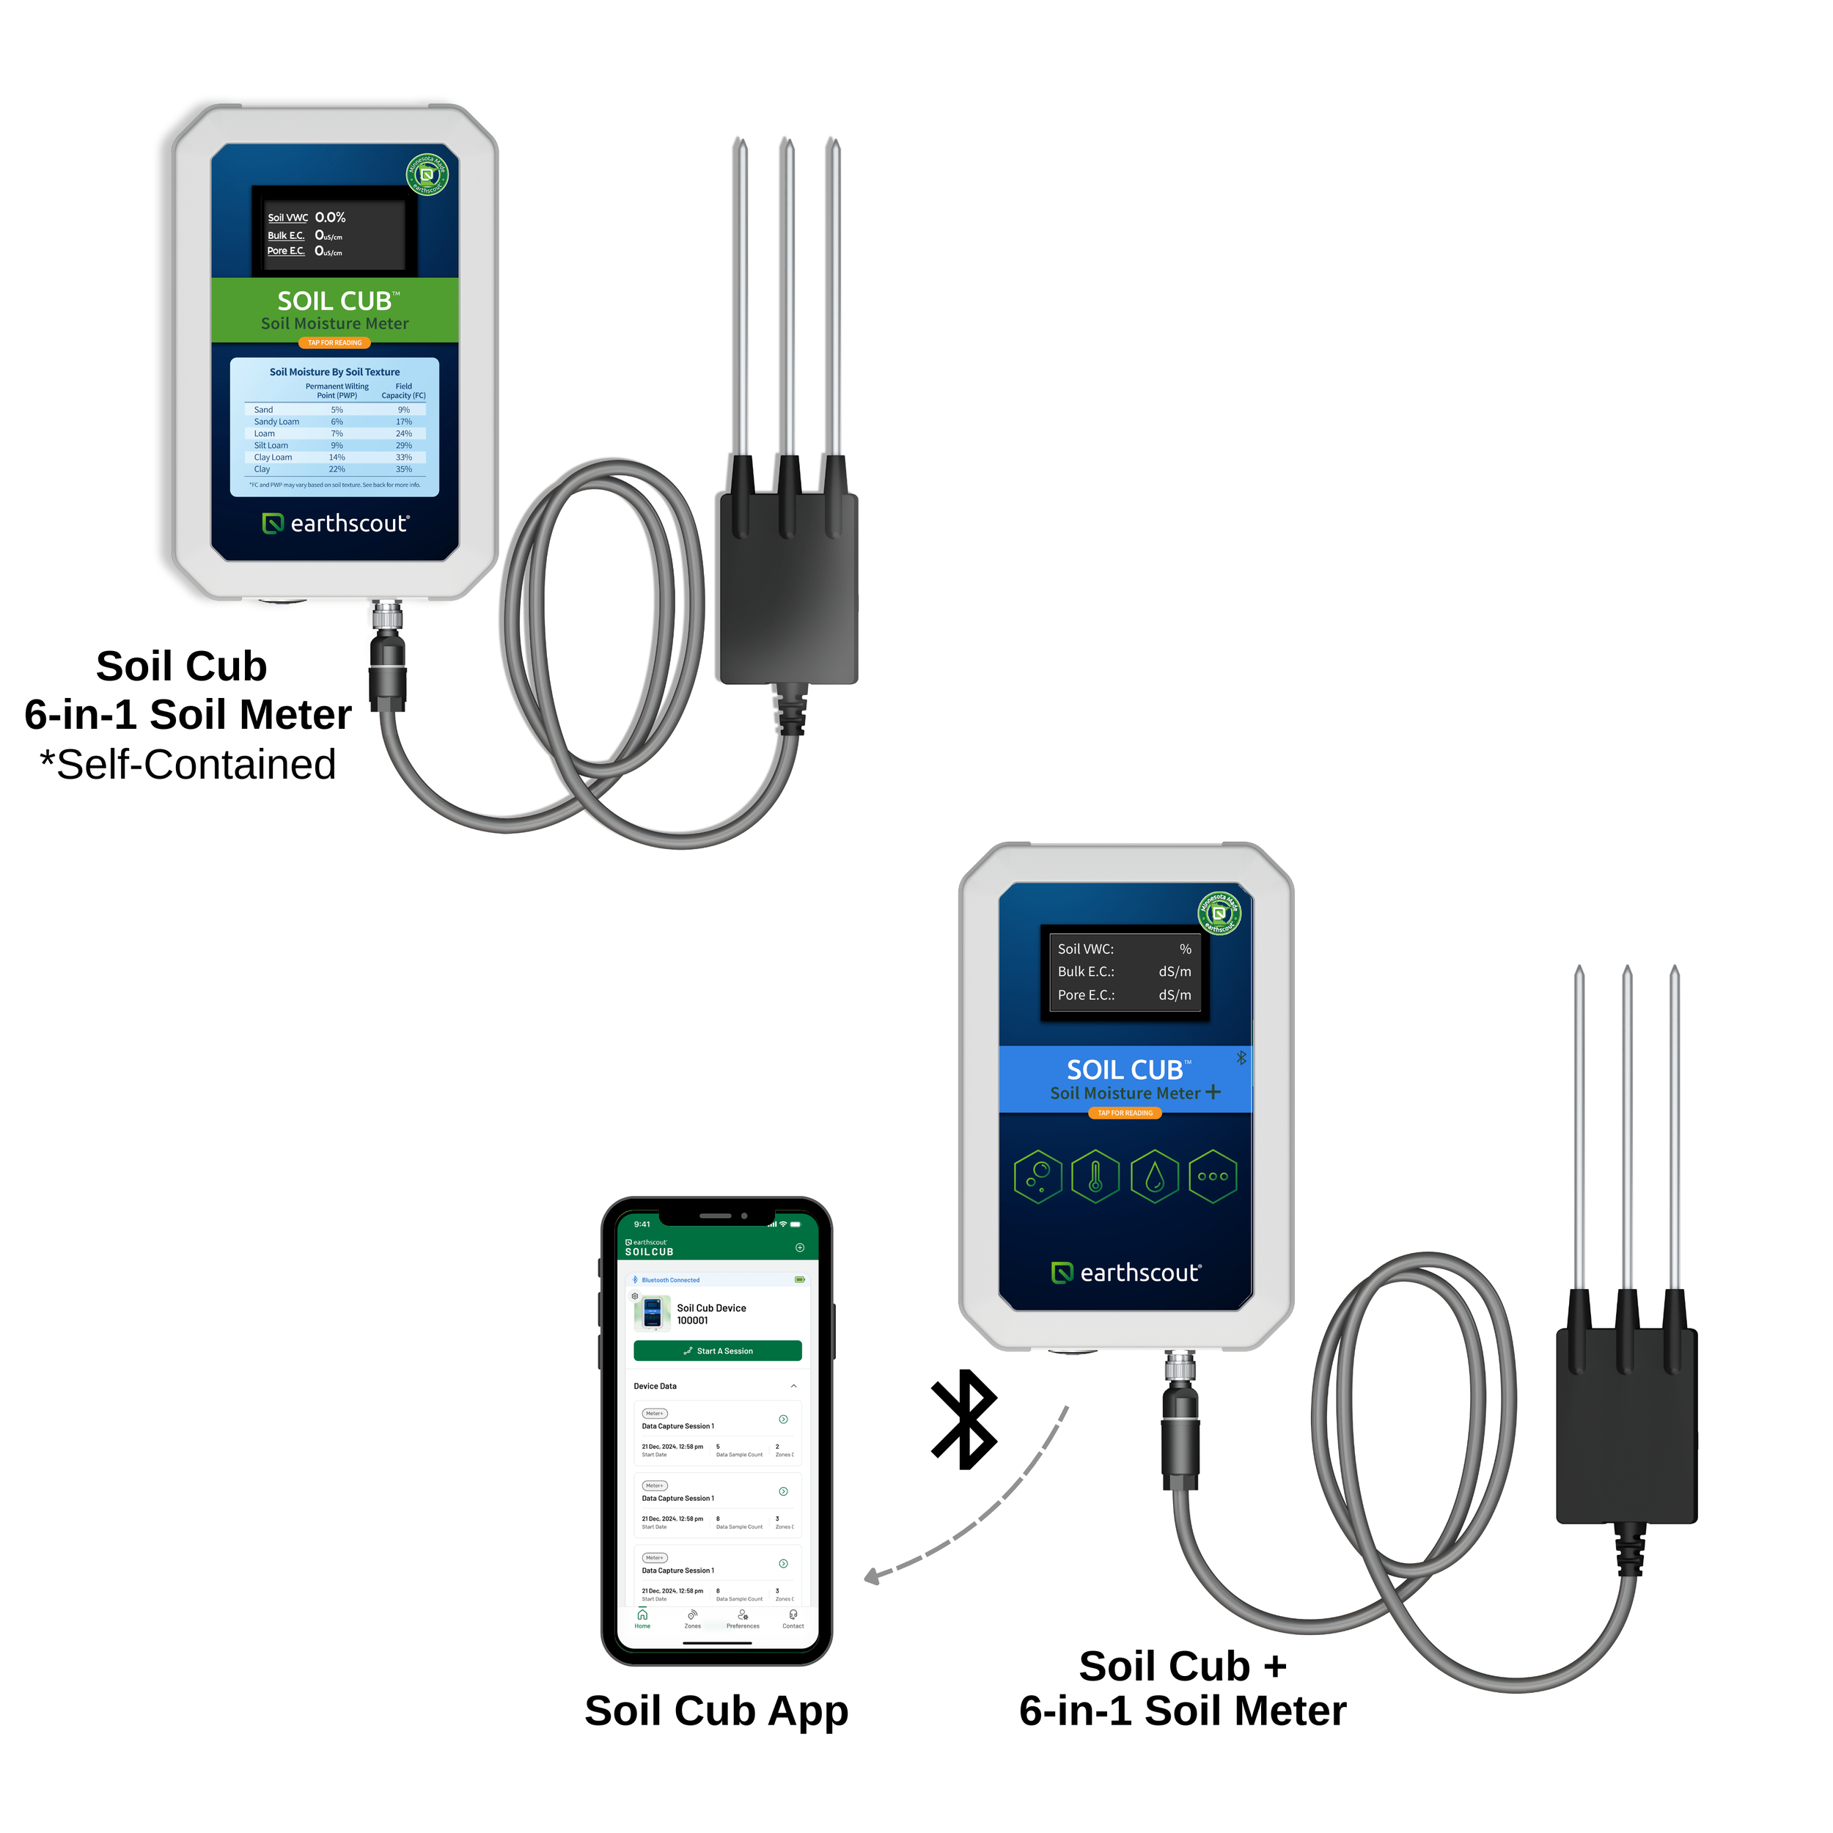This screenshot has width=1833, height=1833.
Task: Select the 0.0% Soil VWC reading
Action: (x=330, y=217)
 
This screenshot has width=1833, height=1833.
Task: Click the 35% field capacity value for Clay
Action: (x=403, y=469)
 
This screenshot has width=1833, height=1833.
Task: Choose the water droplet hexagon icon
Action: (x=1153, y=1177)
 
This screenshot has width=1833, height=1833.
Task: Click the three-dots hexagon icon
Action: (x=1213, y=1177)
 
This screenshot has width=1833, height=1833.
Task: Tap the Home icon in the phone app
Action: (x=642, y=1616)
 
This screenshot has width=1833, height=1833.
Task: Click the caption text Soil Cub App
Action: (x=716, y=1711)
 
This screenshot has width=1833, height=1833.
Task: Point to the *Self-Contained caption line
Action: (x=188, y=765)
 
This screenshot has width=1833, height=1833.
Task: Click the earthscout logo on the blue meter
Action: (x=1126, y=1272)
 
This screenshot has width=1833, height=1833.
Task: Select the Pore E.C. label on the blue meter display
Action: (x=1087, y=994)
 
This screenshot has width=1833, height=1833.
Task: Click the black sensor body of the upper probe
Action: (x=788, y=588)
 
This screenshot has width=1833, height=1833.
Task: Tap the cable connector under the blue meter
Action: (x=1179, y=1423)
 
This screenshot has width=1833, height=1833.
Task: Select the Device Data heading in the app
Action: (x=655, y=1386)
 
